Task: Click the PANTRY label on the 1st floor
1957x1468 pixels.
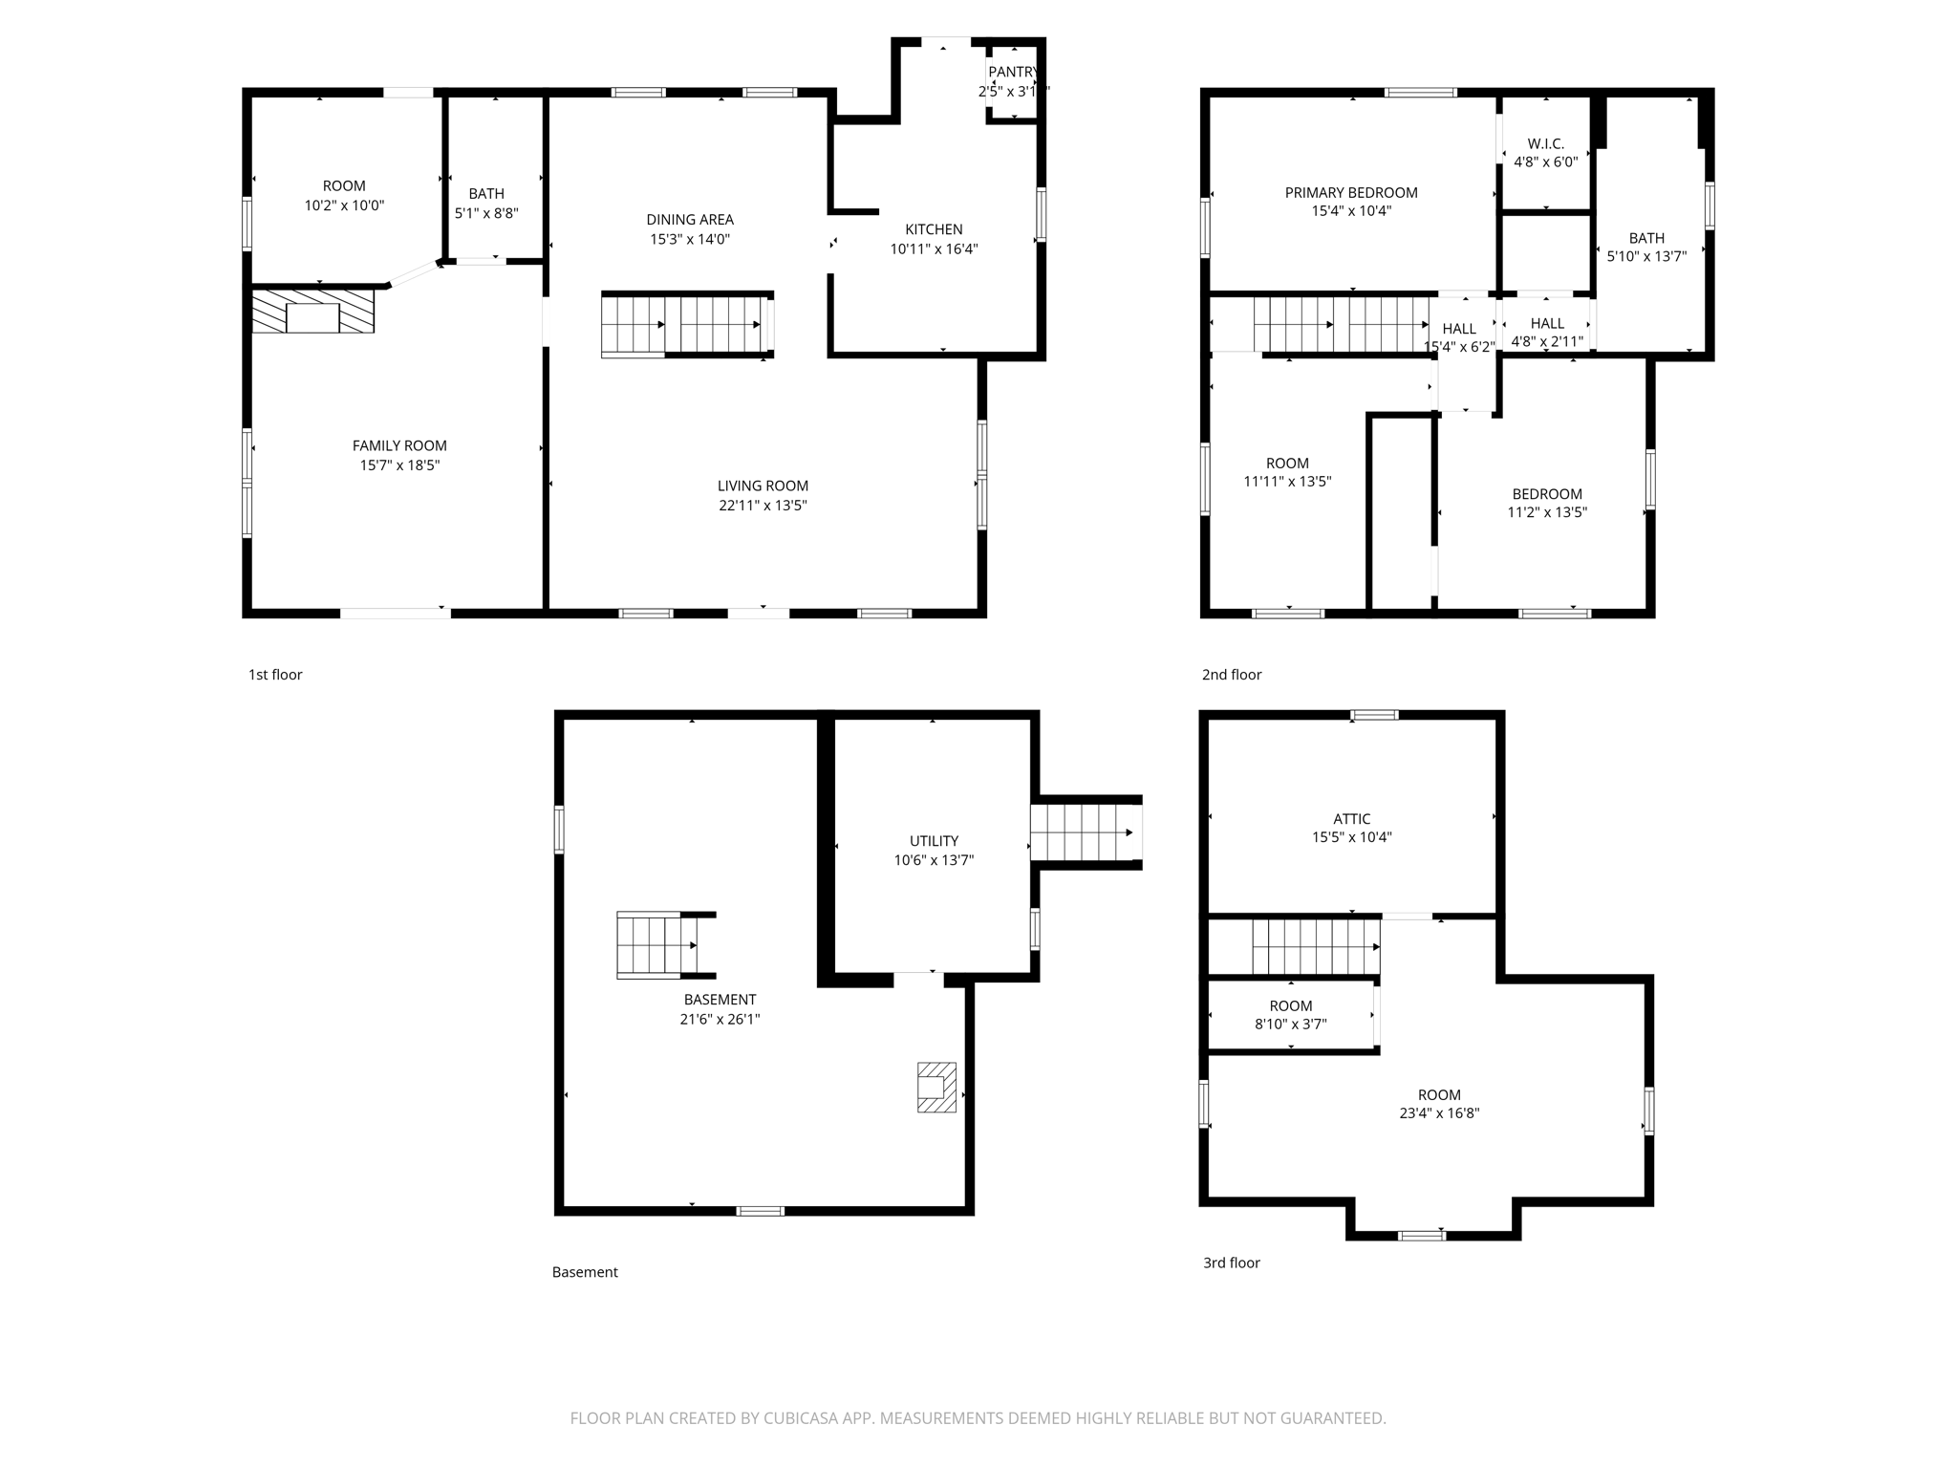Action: click(1012, 73)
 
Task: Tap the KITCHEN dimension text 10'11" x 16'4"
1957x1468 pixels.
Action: click(934, 249)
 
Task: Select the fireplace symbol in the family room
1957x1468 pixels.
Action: click(312, 312)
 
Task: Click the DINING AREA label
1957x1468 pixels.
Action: click(689, 220)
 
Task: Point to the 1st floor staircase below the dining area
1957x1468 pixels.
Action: click(686, 325)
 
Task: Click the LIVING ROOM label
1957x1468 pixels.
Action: click(763, 486)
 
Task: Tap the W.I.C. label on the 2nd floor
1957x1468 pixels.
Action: click(1545, 144)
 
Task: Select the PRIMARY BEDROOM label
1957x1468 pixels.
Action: click(1350, 193)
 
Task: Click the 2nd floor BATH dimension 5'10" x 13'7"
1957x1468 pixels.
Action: click(1645, 256)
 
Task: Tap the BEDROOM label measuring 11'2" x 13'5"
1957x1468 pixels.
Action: click(1546, 494)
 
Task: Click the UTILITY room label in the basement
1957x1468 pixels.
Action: click(934, 841)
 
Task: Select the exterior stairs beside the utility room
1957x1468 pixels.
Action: click(1086, 832)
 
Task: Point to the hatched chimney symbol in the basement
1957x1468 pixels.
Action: click(936, 1087)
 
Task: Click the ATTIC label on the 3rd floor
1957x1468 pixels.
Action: click(1351, 819)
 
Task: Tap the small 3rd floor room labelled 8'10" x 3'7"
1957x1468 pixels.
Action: click(1290, 1015)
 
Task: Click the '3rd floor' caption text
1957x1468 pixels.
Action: click(1231, 1263)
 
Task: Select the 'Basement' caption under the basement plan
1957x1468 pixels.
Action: click(585, 1272)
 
